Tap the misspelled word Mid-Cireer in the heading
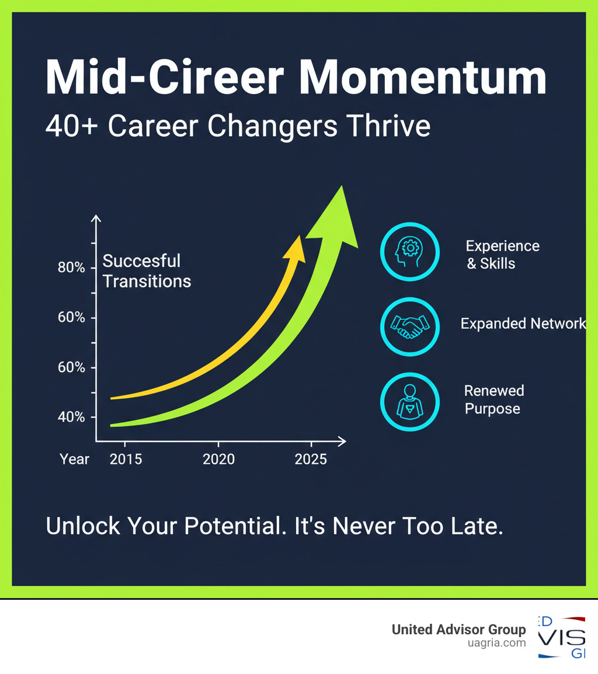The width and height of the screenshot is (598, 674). click(165, 78)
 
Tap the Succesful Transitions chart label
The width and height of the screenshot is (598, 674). click(147, 271)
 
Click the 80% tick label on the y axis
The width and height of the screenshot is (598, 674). click(71, 268)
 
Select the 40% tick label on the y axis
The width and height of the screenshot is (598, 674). click(71, 418)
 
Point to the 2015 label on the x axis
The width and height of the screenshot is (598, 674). click(126, 460)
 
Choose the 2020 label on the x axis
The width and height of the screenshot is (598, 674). click(218, 460)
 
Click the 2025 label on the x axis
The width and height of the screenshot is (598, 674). click(311, 460)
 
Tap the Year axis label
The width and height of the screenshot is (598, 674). click(74, 460)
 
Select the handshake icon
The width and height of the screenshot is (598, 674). click(409, 326)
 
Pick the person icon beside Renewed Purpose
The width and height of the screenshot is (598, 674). click(409, 401)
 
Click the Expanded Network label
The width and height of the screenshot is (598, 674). click(523, 324)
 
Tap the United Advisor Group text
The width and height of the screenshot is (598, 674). click(458, 630)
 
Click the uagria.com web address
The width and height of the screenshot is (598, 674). click(496, 643)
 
